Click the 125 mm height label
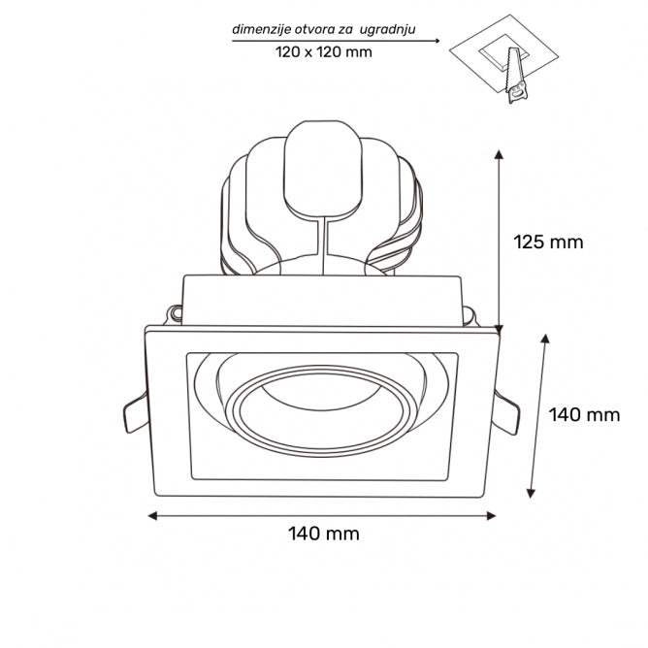[x=548, y=242]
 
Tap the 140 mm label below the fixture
[x=323, y=533]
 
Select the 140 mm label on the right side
[x=583, y=415]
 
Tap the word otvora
[x=319, y=29]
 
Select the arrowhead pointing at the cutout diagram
[x=437, y=41]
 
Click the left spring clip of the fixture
[x=135, y=414]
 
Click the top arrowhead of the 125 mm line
[x=499, y=155]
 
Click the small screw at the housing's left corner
[x=176, y=313]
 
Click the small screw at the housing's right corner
[x=470, y=314]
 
